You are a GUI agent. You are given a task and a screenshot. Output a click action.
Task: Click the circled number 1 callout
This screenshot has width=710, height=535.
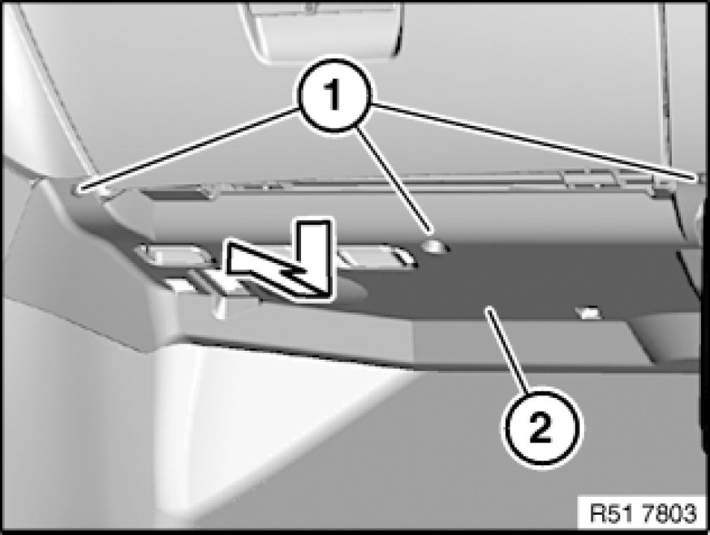point(334,96)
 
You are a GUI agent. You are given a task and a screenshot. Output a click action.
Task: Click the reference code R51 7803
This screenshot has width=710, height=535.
point(643,513)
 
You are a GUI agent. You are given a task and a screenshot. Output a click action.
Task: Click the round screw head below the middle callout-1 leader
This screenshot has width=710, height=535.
point(434,246)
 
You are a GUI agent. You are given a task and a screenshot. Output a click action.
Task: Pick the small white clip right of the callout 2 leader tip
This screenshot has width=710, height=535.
point(587,312)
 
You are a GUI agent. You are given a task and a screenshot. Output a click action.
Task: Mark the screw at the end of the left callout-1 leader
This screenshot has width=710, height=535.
point(80,187)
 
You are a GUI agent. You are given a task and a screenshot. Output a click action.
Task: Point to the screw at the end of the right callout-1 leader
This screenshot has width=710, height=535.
point(697,179)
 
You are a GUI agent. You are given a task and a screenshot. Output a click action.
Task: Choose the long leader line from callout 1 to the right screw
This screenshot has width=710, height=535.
point(533,141)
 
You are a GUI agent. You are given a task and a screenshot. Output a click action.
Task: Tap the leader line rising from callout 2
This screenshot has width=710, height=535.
point(507,348)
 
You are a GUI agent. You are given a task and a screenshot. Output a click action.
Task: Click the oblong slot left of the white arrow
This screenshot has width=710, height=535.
point(174,255)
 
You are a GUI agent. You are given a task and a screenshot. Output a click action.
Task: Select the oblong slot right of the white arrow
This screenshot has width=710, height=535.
point(376,256)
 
